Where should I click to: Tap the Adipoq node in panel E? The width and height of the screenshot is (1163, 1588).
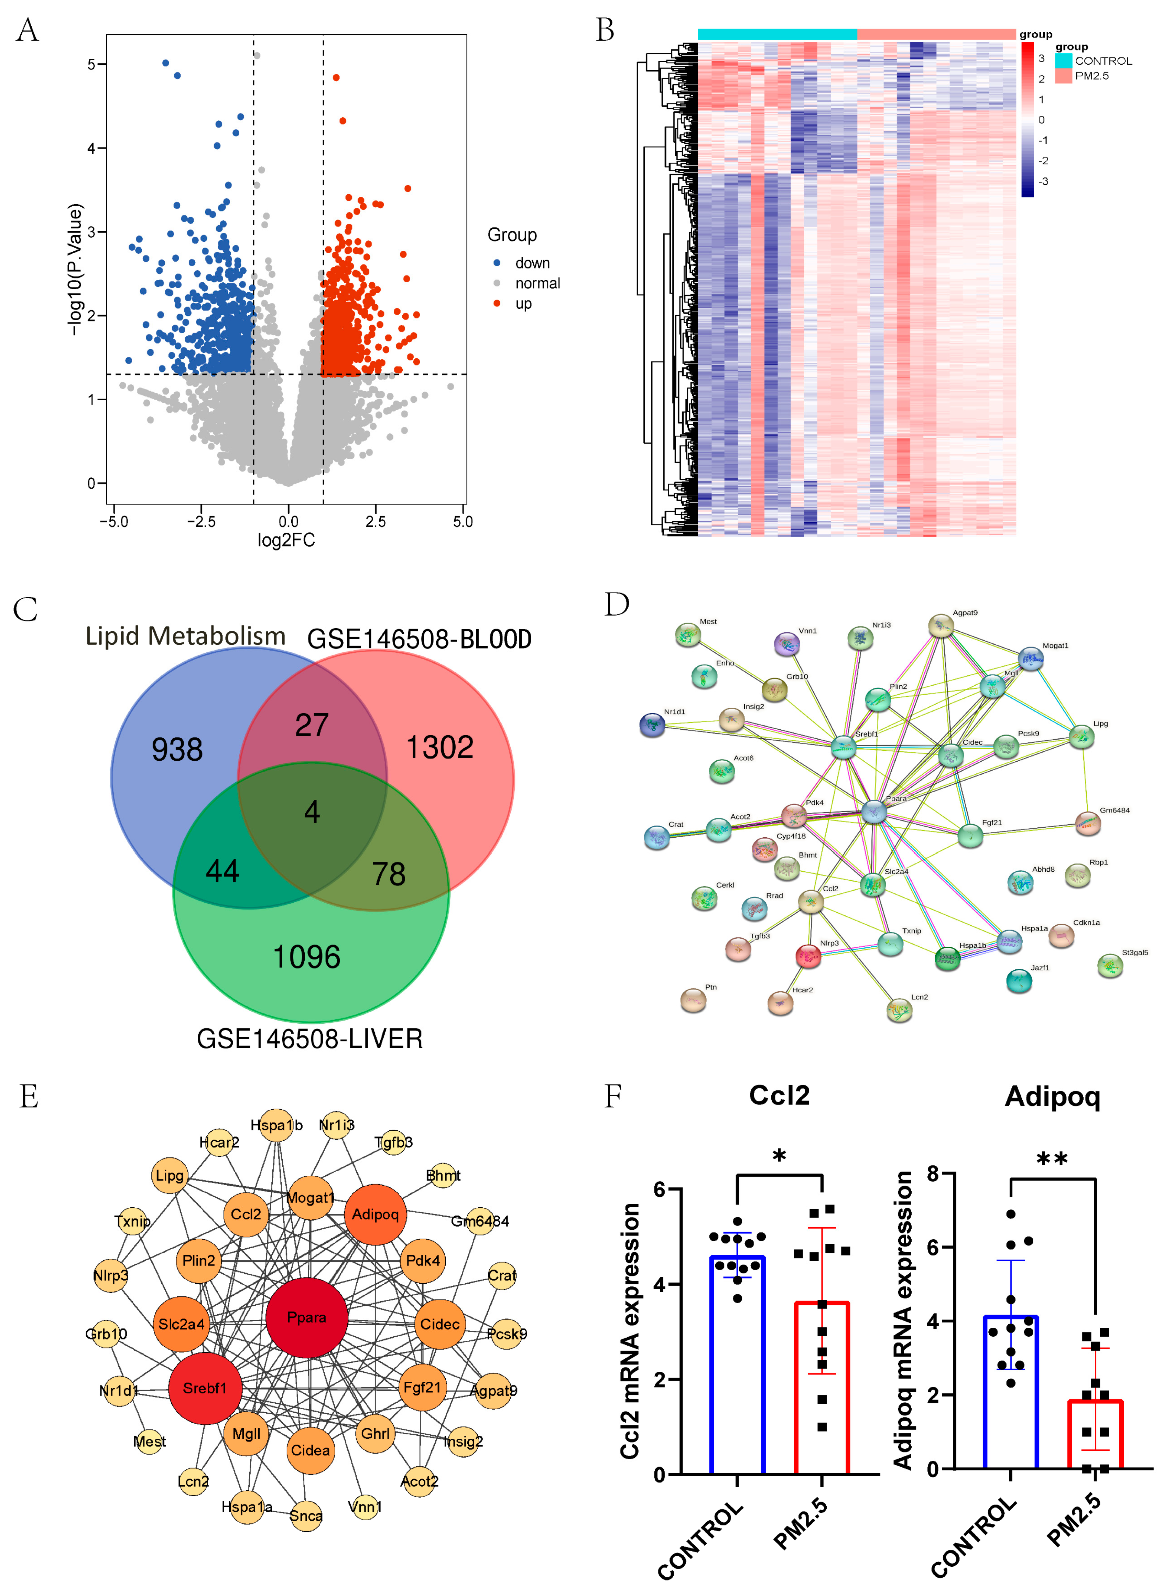point(375,1214)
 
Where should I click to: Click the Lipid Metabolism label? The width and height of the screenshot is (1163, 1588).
point(185,635)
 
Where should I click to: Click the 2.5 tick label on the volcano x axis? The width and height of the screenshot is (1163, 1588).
point(375,522)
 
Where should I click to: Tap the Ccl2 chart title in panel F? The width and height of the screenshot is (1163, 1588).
point(779,1096)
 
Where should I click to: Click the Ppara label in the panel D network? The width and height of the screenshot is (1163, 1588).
point(896,798)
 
